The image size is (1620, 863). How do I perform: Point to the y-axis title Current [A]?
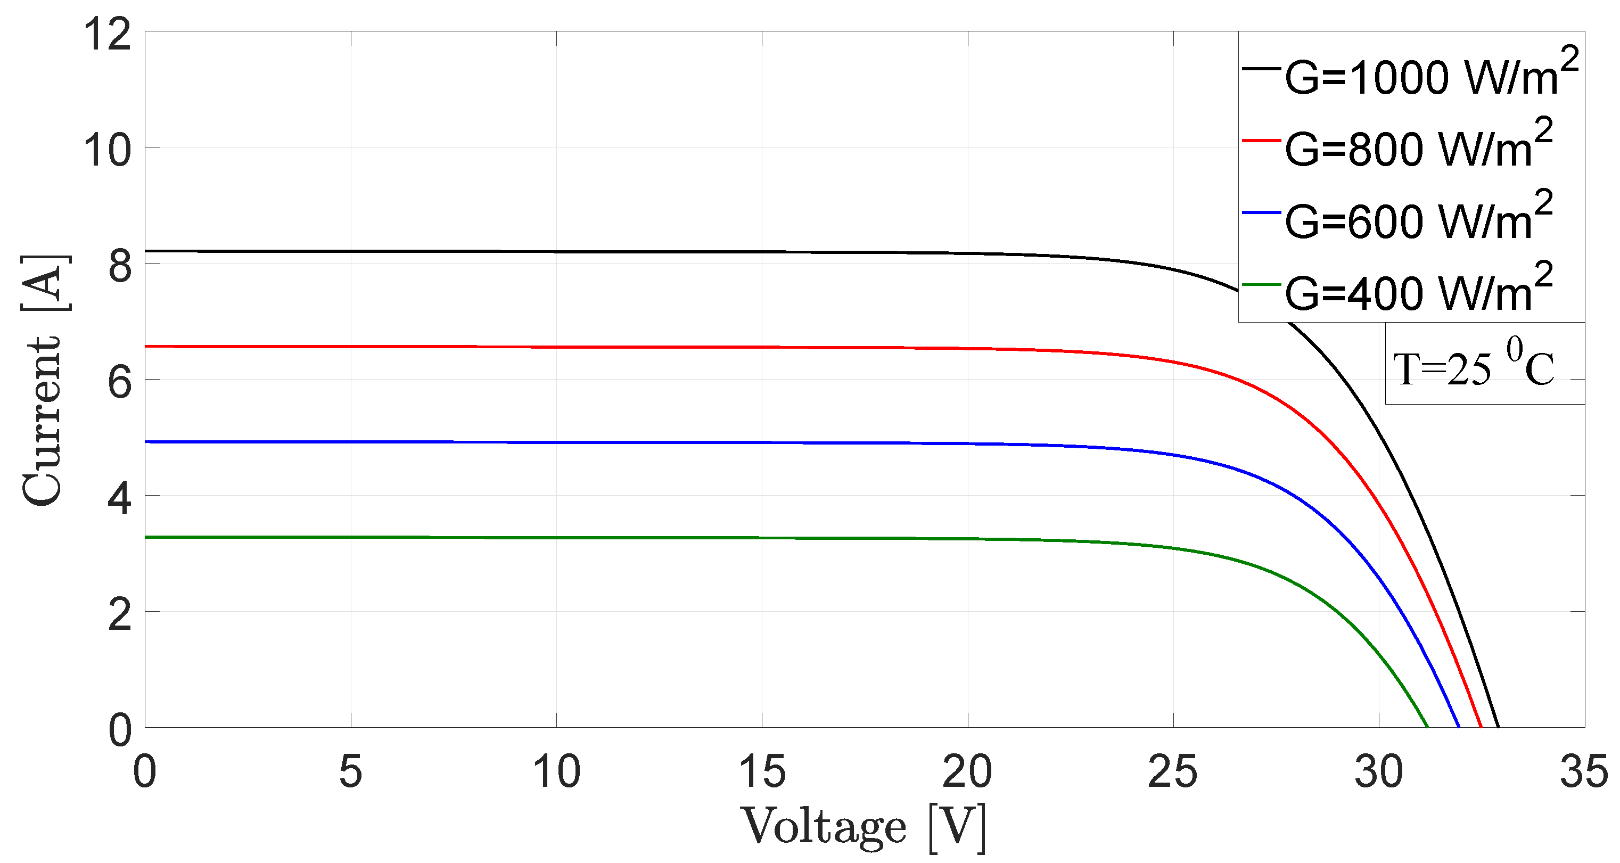[x=44, y=380]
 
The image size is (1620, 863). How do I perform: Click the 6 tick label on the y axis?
[x=119, y=382]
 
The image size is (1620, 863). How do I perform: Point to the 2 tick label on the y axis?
[x=119, y=614]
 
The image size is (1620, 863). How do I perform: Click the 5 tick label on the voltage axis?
[x=350, y=772]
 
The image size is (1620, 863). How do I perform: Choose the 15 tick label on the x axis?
[x=762, y=772]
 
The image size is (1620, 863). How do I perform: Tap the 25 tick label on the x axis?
[x=1173, y=772]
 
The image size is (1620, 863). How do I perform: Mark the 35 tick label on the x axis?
[x=1583, y=772]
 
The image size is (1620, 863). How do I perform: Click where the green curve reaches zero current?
[x=1428, y=727]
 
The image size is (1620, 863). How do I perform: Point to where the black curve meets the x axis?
[x=1499, y=727]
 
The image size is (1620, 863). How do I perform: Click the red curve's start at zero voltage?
[x=146, y=347]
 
